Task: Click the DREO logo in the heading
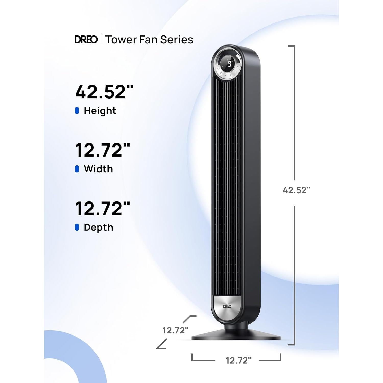coord(86,40)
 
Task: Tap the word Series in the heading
coord(177,40)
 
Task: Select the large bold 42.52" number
coord(104,92)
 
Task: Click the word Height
coord(100,111)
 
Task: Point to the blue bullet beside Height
coord(77,111)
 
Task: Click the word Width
coord(98,169)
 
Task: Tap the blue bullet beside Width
coord(77,169)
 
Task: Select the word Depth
coord(98,228)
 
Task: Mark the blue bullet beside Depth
coord(77,228)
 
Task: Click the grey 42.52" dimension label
coord(296,190)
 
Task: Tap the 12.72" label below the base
coord(238,361)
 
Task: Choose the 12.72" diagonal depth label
coord(176,330)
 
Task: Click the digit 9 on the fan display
coord(229,64)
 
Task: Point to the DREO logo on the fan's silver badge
coord(227,306)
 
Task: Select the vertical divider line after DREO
coord(102,40)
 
